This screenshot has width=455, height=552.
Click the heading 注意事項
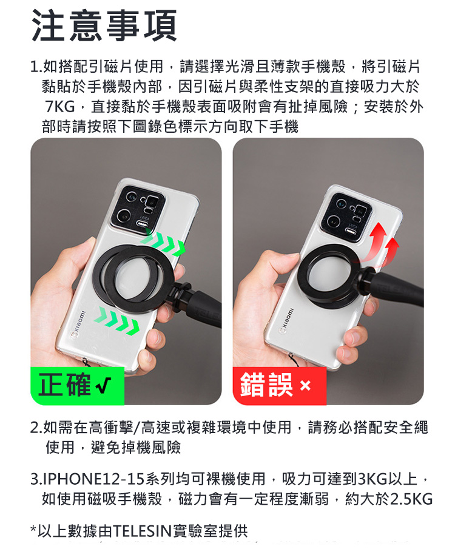(x=104, y=25)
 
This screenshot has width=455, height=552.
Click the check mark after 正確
(x=104, y=385)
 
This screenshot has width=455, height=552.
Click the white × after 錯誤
(x=305, y=386)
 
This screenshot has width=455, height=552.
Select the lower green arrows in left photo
(x=117, y=320)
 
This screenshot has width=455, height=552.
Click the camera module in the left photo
(x=138, y=210)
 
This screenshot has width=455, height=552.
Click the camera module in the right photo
(x=346, y=216)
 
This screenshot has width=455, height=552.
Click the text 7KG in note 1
(x=60, y=106)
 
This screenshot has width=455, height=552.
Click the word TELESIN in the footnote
(x=143, y=531)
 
